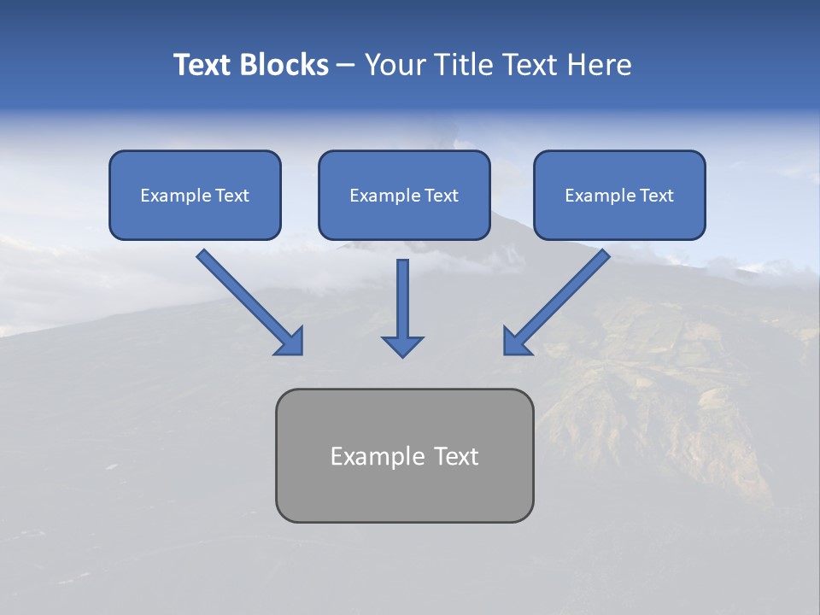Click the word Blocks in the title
pos(285,65)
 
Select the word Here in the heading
pos(598,65)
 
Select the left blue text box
pos(195,195)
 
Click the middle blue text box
pos(404,195)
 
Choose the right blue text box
pos(619,195)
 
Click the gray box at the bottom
pos(404,455)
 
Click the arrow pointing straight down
pos(402,303)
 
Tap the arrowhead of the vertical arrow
pos(402,345)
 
